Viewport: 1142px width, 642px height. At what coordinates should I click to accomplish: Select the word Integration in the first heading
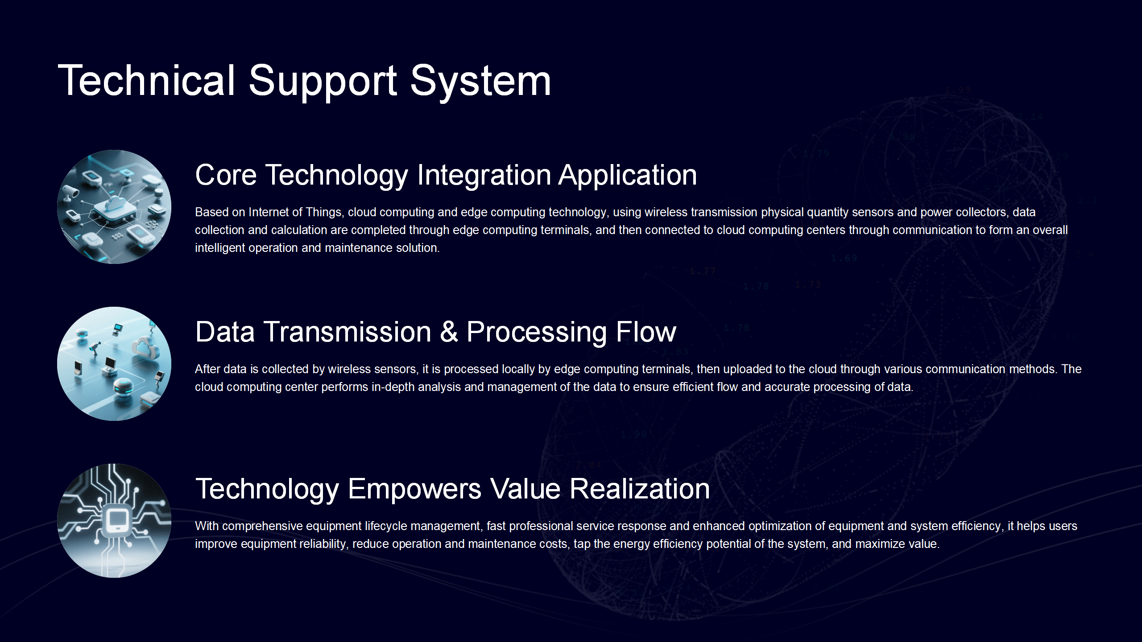click(484, 175)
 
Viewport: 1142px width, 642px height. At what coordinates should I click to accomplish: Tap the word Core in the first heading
click(226, 175)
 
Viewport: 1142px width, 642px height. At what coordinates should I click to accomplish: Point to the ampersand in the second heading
click(449, 332)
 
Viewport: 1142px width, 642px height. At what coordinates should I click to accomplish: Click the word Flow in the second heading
click(646, 332)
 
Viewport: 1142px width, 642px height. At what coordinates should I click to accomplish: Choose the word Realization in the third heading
click(640, 489)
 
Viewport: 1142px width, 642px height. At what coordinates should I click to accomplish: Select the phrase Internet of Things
click(295, 212)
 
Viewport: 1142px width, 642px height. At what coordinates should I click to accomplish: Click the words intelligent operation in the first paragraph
click(247, 248)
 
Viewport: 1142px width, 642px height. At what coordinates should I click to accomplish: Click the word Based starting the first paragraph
click(211, 212)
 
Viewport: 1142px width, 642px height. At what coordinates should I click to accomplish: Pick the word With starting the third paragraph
click(207, 526)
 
